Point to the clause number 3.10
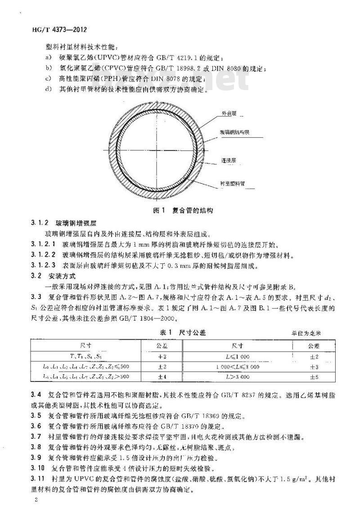(x=37, y=468)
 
